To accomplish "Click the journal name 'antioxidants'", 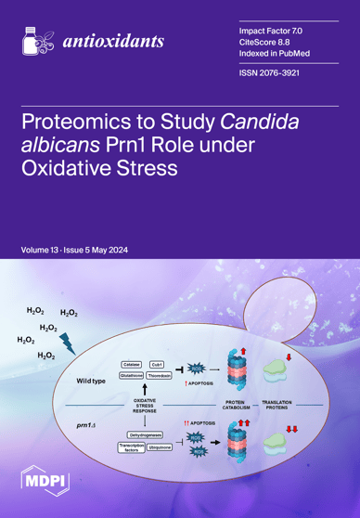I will coord(113,43).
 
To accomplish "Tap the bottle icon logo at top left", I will coord(34,39).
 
